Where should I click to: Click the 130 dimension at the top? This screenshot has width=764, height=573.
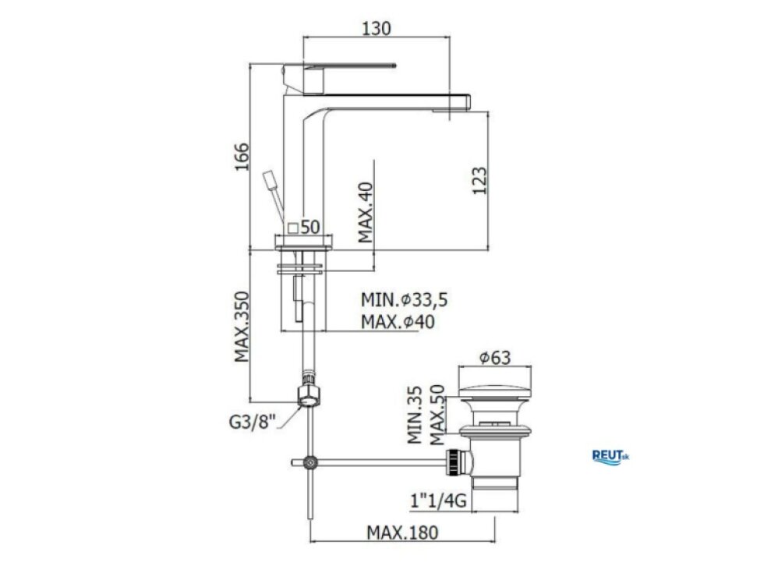coord(376,28)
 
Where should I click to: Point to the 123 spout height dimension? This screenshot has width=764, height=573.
coord(479,181)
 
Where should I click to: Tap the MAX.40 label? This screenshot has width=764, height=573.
coord(366,212)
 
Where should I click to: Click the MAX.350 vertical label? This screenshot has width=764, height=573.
coord(242,327)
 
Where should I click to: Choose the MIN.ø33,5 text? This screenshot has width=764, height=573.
coord(404,299)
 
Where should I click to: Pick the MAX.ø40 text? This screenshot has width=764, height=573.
coord(398,321)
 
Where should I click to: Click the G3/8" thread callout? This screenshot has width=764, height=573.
coord(253,422)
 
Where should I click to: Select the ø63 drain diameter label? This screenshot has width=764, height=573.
coord(495,358)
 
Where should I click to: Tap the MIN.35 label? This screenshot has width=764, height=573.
coord(415,415)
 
